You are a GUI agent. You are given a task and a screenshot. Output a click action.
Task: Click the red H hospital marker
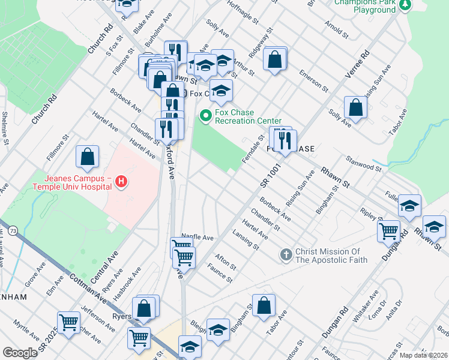click(x=121, y=181)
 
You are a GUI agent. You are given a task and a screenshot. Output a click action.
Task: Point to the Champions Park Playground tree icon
click(x=406, y=5)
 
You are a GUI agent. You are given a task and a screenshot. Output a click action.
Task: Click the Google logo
click(x=20, y=353)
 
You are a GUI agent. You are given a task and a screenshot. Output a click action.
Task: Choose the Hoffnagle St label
click(x=243, y=13)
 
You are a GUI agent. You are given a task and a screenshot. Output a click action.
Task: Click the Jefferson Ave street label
click(x=97, y=319)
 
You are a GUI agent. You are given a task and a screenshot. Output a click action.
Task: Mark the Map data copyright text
click(x=423, y=355)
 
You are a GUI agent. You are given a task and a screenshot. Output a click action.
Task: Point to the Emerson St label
click(x=316, y=79)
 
